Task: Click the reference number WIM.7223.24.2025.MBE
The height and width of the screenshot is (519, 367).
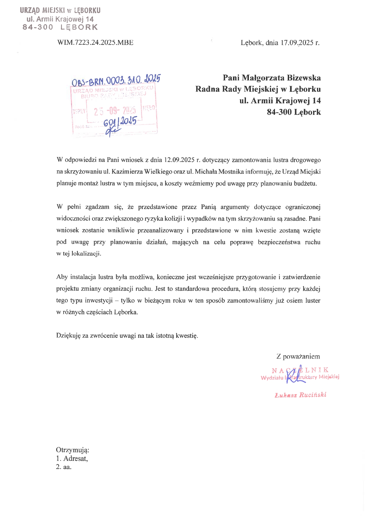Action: point(95,43)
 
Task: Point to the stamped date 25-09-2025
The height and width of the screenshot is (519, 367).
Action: point(115,111)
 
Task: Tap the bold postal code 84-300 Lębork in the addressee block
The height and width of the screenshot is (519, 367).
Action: point(294,112)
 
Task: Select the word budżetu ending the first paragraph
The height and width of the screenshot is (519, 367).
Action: point(305,183)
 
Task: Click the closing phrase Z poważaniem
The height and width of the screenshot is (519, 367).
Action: point(298,356)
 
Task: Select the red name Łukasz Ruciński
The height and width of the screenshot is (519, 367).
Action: point(300,395)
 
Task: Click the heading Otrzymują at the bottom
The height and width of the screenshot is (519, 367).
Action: point(73,450)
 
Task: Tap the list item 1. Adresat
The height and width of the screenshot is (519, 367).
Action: point(72,459)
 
